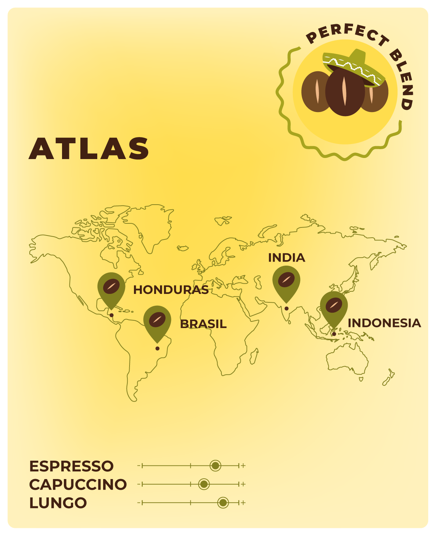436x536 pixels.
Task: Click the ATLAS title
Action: click(89, 148)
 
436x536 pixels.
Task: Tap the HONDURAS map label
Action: click(171, 290)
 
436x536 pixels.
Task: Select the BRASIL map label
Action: click(203, 324)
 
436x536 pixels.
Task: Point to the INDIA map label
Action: click(287, 258)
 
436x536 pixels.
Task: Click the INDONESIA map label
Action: click(384, 323)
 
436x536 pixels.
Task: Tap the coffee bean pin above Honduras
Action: click(111, 287)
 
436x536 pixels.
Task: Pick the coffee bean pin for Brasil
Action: click(157, 320)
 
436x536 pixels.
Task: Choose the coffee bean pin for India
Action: click(286, 281)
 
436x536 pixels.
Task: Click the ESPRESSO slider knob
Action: click(215, 466)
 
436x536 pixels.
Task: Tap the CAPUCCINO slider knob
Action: click(204, 484)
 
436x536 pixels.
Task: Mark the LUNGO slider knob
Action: click(223, 503)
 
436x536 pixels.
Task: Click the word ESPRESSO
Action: click(72, 466)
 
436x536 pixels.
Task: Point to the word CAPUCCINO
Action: click(78, 485)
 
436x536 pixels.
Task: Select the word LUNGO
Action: click(58, 503)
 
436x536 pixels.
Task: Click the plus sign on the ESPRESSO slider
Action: click(243, 466)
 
